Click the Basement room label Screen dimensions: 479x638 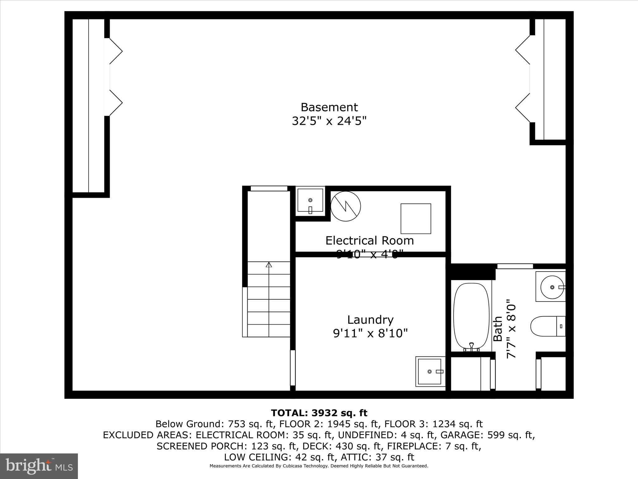329,107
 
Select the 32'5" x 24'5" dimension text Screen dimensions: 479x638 329,121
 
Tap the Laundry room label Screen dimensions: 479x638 370,320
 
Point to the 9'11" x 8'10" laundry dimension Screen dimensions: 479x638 370,334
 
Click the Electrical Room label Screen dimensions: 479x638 369,241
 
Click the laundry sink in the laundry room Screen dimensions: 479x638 430,371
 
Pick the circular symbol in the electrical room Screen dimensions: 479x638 345,206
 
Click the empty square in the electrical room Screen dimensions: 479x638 416,219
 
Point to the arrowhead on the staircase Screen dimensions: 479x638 269,265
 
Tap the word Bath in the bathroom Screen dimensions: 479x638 498,329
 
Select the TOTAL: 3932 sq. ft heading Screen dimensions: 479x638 319,413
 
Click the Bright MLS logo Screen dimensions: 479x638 39,466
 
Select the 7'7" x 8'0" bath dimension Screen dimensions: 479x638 511,329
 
